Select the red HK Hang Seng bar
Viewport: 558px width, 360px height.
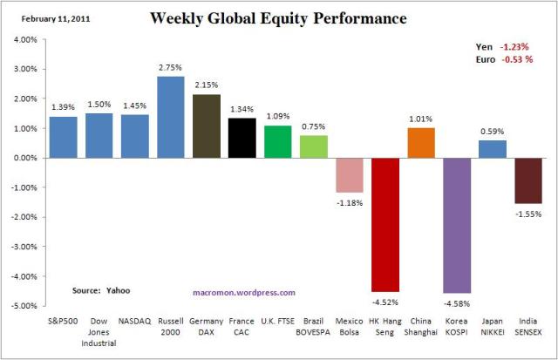385,224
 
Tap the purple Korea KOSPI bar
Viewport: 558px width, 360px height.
457,226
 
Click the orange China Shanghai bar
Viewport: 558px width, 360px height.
421,143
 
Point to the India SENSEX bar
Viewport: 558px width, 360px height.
528,180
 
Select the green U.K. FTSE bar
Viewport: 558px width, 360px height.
278,141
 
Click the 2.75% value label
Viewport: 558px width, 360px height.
171,66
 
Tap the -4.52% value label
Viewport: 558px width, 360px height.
385,302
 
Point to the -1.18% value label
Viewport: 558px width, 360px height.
350,203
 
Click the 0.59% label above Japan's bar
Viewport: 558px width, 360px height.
493,131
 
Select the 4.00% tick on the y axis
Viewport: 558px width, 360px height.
24,39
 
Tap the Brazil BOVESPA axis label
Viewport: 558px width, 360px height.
314,325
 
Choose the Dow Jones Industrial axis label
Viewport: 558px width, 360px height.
99,330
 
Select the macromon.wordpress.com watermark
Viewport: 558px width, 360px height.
243,293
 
